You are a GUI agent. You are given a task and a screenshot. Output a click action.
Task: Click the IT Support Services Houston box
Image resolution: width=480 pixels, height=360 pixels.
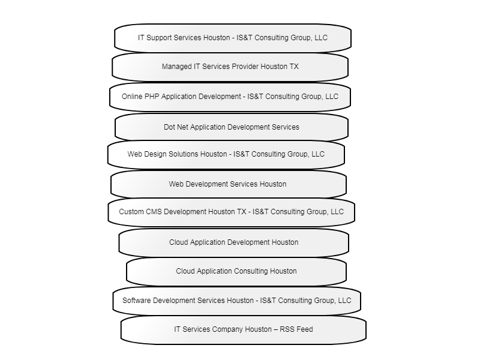pos(233,38)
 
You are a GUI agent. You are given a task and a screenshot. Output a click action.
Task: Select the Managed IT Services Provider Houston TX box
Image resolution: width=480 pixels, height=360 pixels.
pos(230,67)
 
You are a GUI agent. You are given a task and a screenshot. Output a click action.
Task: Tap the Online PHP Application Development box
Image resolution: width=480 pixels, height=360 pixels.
pos(230,97)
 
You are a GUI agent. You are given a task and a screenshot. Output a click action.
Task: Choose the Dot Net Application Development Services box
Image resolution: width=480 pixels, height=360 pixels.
pos(232,127)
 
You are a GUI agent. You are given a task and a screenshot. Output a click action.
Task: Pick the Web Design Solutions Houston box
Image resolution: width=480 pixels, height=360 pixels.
pos(226,154)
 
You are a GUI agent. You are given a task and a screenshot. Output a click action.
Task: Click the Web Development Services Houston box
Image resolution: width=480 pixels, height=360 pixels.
pos(229,184)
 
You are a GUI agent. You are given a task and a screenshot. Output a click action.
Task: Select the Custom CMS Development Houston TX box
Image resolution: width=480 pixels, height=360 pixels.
pos(232,212)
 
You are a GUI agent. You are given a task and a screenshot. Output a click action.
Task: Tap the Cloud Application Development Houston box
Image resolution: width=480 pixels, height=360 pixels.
pos(233,243)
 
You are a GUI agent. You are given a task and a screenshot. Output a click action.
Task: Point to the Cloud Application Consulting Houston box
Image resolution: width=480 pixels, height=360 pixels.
pos(236,272)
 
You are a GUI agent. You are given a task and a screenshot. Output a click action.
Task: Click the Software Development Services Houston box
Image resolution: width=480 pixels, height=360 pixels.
pos(236,301)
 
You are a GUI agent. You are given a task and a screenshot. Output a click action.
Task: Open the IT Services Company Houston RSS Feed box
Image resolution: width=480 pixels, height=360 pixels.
pos(244,329)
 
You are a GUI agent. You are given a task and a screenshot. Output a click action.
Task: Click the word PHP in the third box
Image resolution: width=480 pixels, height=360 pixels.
pos(152,97)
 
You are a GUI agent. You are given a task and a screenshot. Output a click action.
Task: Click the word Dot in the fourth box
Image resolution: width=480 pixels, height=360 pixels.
pos(169,127)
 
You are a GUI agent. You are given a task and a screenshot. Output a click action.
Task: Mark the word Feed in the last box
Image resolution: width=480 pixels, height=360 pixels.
pos(305,329)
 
